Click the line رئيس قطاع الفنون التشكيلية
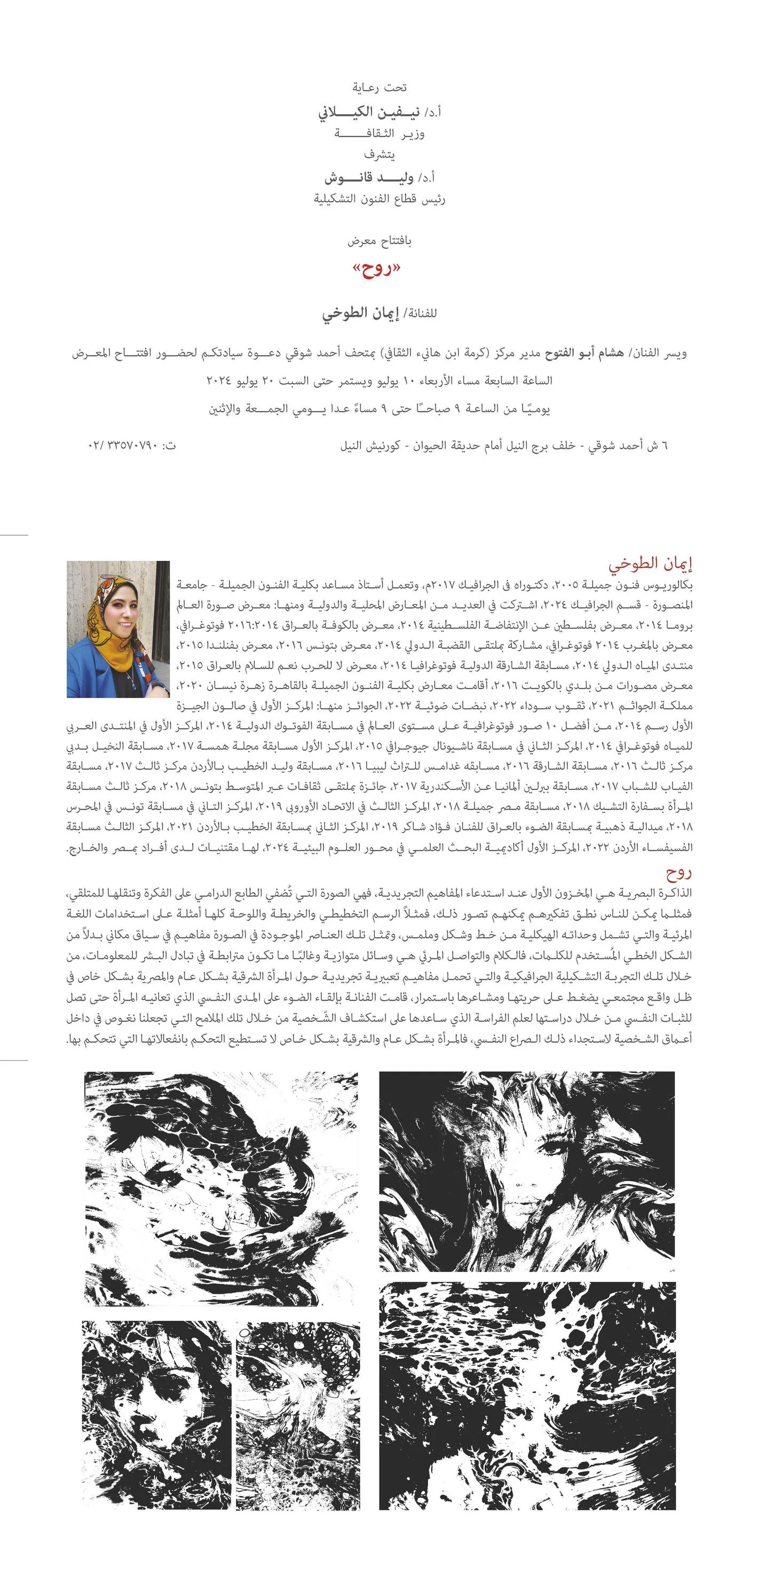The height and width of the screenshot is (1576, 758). (380, 199)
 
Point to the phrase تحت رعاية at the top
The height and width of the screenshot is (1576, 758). (380, 88)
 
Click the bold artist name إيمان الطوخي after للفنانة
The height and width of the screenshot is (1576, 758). (360, 313)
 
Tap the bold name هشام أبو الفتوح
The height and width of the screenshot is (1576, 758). (585, 353)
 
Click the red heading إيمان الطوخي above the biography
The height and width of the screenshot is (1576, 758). (650, 563)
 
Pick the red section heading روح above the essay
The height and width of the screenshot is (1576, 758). (678, 872)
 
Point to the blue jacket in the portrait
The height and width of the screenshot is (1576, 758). (92, 673)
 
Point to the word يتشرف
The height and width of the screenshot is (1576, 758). (380, 155)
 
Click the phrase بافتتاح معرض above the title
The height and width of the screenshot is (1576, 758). (380, 241)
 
